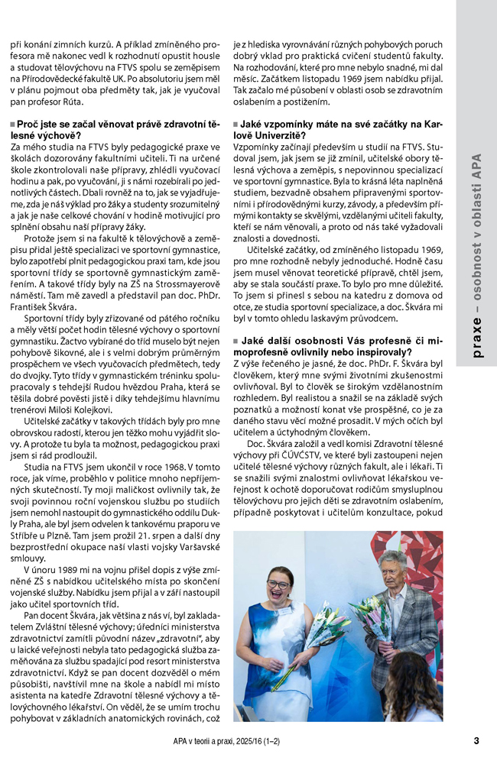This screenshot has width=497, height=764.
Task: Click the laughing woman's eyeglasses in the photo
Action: pyautogui.click(x=278, y=585)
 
